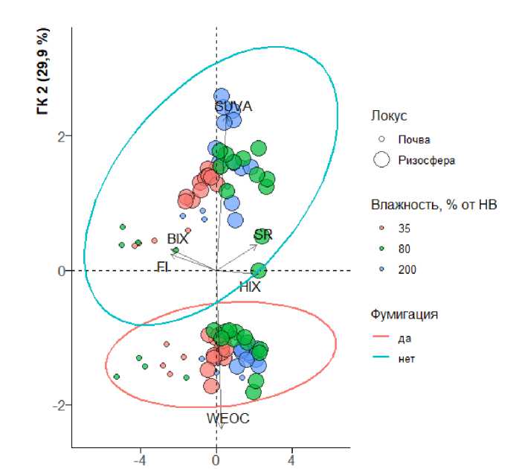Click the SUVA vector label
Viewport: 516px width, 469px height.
(233, 106)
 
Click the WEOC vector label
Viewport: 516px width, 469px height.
(228, 418)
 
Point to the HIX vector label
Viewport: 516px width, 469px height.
(251, 286)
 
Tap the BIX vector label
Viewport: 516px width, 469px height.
(177, 239)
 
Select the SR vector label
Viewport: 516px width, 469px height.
(262, 235)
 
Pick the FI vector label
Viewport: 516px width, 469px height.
(164, 266)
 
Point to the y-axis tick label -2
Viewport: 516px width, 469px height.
(60, 405)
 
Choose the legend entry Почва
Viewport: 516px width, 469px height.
(414, 139)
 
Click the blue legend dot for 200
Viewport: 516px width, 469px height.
(381, 269)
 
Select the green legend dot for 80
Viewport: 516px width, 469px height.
(381, 248)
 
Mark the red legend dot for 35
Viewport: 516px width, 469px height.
(381, 228)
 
